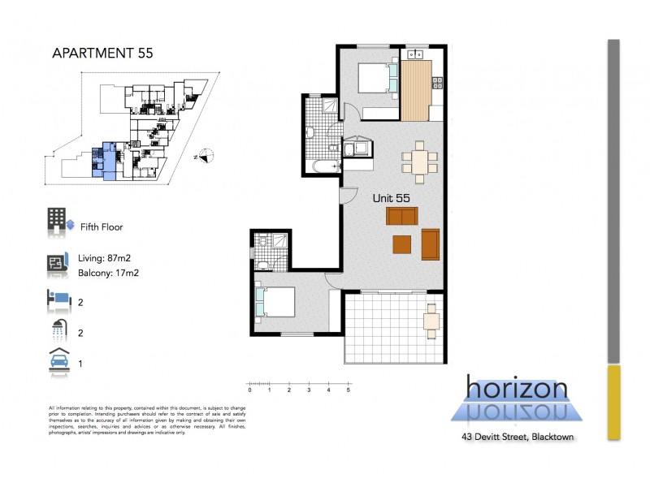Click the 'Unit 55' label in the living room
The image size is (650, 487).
391,197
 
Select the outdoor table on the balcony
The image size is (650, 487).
431,321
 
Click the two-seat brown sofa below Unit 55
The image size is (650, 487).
402,216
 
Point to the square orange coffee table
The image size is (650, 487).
402,244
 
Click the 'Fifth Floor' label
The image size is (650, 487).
102,227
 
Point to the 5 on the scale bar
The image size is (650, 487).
349,390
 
